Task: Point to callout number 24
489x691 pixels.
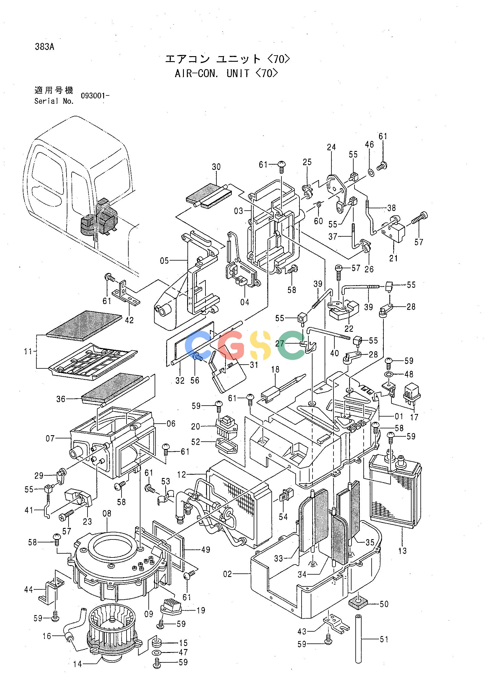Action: point(331,147)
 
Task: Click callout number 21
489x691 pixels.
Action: point(394,258)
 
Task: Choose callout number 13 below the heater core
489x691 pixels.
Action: point(402,551)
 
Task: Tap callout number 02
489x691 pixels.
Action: point(228,574)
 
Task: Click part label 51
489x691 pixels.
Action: point(384,639)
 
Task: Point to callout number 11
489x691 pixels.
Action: point(28,351)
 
